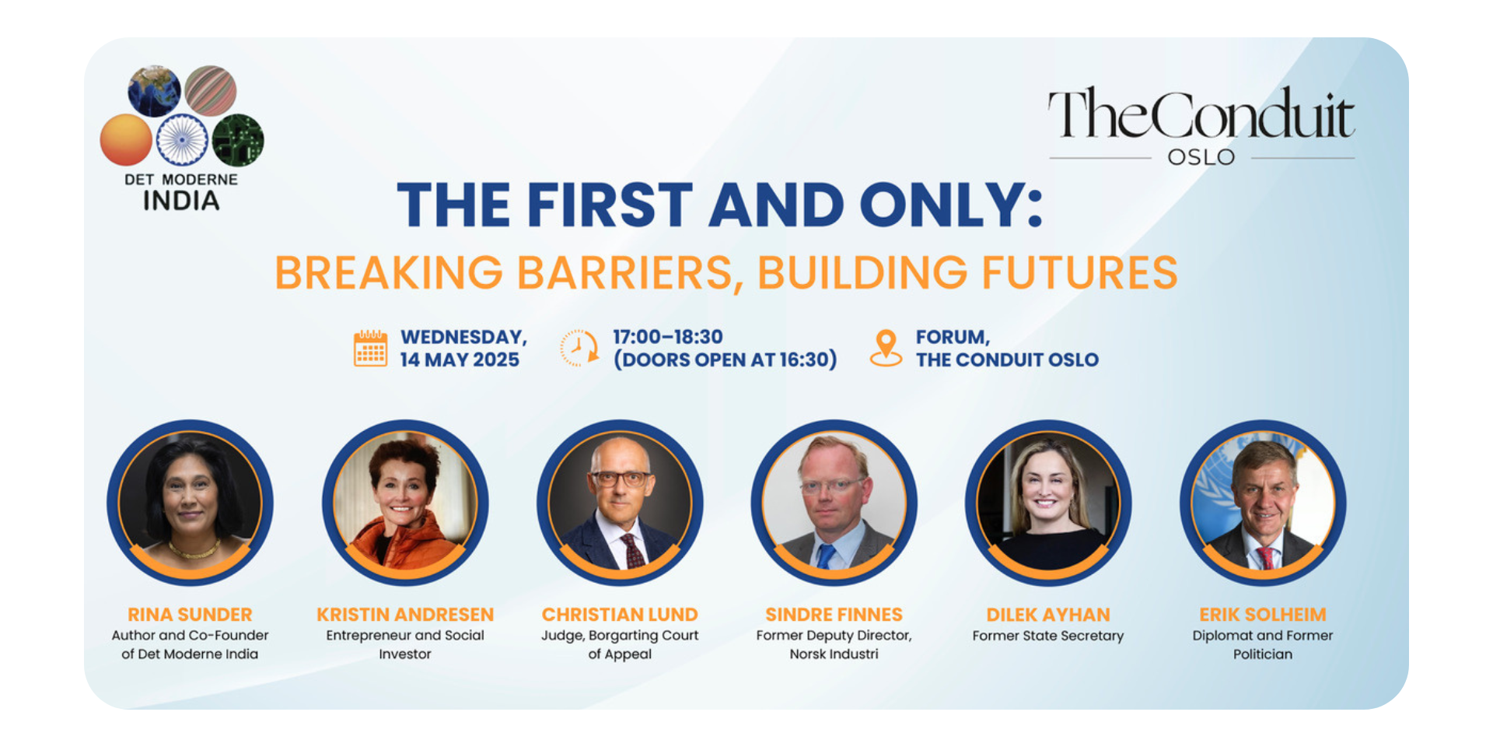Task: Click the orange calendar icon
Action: (x=371, y=348)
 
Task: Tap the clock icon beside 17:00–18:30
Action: (x=579, y=348)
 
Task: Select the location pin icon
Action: (x=886, y=348)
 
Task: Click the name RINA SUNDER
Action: (x=190, y=615)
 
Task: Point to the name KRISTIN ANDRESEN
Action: (x=405, y=615)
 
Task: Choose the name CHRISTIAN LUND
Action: (x=620, y=615)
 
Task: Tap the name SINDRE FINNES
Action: (x=834, y=615)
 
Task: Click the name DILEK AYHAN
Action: (x=1048, y=615)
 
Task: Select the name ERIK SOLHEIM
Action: (x=1263, y=615)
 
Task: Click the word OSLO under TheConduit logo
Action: (x=1201, y=157)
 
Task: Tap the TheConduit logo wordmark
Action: (x=1201, y=114)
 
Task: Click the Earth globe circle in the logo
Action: (x=154, y=91)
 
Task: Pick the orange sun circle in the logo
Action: (x=126, y=140)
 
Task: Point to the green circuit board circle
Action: (x=238, y=140)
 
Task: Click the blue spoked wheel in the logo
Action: (x=182, y=140)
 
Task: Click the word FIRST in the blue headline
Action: (x=610, y=205)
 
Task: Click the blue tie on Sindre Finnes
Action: (x=825, y=556)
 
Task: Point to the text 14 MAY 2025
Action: (x=460, y=359)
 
